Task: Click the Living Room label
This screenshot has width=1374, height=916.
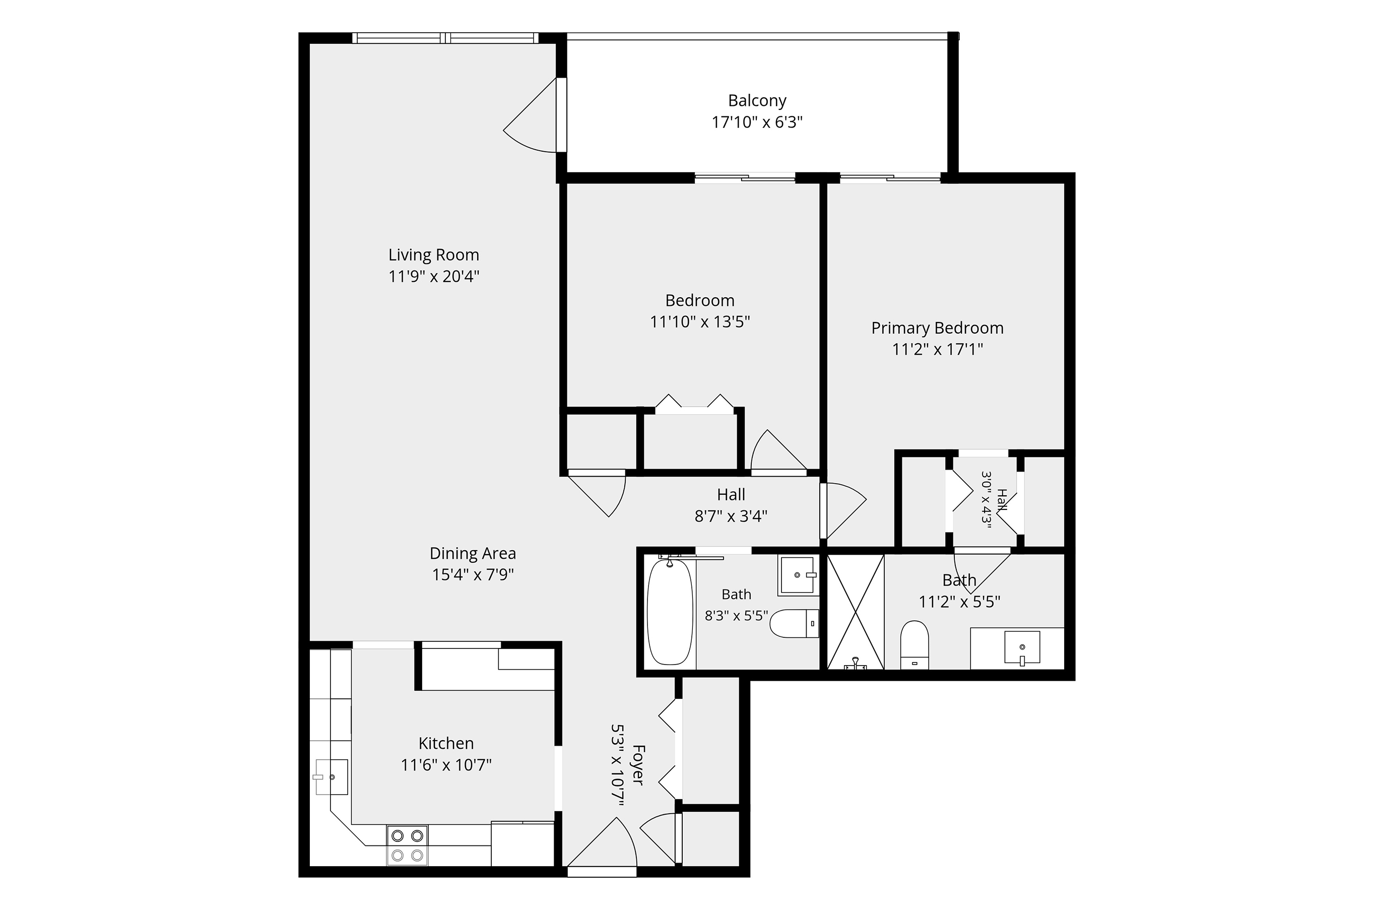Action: (x=433, y=255)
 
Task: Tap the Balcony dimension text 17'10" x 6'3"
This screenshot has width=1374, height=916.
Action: (x=757, y=122)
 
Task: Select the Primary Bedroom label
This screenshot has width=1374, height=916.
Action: (x=937, y=329)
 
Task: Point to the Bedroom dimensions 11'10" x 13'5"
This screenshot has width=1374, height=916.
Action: (x=700, y=322)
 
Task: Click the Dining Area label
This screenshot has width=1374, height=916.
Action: (x=473, y=554)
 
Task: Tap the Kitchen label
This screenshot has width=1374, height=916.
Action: (x=446, y=744)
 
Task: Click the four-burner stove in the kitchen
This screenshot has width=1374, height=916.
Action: (x=407, y=845)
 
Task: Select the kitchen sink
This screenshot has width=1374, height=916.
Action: (x=331, y=777)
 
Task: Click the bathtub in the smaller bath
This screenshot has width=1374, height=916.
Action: (x=670, y=612)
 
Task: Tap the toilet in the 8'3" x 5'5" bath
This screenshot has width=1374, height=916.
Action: (x=795, y=624)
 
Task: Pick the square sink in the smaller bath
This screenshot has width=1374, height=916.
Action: (x=798, y=576)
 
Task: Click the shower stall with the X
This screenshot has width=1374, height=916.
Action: (x=855, y=612)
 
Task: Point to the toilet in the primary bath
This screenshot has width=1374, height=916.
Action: (x=914, y=645)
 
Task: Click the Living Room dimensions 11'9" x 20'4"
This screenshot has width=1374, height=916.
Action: (x=433, y=276)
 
